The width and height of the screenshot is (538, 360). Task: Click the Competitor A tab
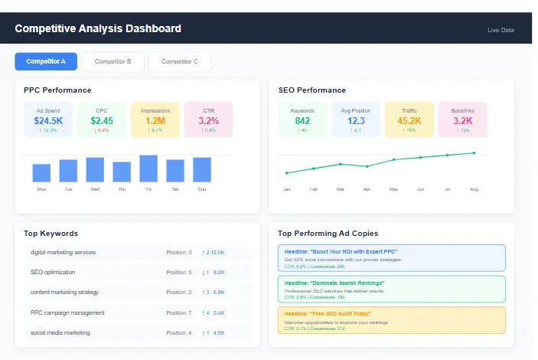click(x=46, y=61)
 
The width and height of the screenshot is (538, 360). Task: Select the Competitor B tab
click(x=112, y=61)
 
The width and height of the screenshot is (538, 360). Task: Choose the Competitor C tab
click(x=179, y=61)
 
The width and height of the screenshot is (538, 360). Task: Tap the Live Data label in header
click(x=501, y=30)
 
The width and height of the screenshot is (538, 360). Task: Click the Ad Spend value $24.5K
click(x=48, y=120)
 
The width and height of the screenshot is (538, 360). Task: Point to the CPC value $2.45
click(x=102, y=120)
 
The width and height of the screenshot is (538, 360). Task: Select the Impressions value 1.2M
click(x=155, y=120)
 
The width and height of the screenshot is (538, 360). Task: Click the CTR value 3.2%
click(x=208, y=120)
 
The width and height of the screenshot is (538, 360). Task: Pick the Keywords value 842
click(x=302, y=120)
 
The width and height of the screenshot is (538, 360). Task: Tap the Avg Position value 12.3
click(x=356, y=120)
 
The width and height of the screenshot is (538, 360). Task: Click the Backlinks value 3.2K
click(x=462, y=120)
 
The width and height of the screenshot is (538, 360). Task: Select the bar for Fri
click(x=148, y=169)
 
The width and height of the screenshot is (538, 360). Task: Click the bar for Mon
click(x=41, y=173)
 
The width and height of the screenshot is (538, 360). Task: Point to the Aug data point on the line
click(x=474, y=152)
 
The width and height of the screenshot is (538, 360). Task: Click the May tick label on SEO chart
click(x=393, y=188)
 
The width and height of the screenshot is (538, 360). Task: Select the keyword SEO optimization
click(x=53, y=272)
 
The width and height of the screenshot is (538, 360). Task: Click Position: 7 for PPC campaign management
click(x=179, y=313)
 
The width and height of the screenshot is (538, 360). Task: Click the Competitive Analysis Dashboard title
click(x=98, y=29)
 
